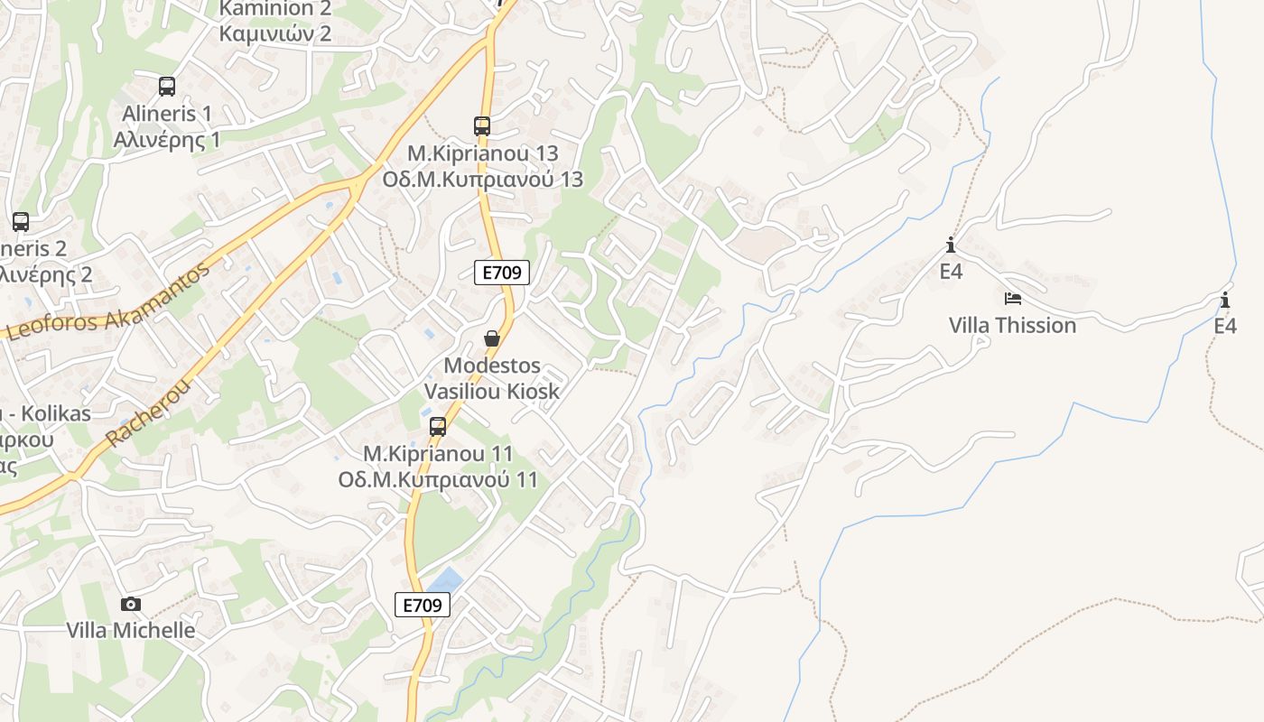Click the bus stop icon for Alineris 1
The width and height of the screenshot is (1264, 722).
click(x=167, y=87)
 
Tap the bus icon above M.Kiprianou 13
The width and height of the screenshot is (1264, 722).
click(x=482, y=126)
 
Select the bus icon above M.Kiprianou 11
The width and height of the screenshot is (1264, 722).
click(x=438, y=427)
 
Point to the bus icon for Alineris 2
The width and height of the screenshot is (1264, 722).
click(x=21, y=221)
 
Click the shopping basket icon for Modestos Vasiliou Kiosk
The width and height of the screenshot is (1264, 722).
click(x=492, y=339)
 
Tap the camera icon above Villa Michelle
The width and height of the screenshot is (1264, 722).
click(x=131, y=604)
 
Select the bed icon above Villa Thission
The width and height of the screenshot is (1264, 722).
click(x=1012, y=299)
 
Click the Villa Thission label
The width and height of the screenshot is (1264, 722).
click(x=1012, y=325)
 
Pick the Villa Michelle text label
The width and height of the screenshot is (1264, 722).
click(x=131, y=630)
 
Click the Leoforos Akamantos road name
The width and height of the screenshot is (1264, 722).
click(x=108, y=303)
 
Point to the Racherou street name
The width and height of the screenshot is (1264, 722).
click(x=149, y=413)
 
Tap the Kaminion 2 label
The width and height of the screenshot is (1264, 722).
click(x=275, y=9)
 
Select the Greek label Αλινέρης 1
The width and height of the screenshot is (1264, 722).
click(x=167, y=139)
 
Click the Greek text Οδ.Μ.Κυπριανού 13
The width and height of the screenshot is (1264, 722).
click(x=482, y=179)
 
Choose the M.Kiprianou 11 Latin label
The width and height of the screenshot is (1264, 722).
click(x=438, y=453)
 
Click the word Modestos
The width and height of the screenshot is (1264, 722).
click(x=492, y=366)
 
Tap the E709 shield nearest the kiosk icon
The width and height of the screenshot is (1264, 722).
click(x=501, y=273)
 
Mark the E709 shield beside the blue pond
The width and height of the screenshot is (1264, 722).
click(x=422, y=605)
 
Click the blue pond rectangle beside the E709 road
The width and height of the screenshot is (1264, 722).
click(x=444, y=580)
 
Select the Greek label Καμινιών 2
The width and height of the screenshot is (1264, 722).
click(x=275, y=34)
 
